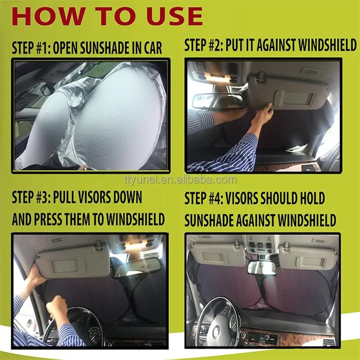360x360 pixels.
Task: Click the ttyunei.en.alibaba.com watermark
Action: click(x=180, y=180)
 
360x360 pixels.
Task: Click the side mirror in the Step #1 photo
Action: click(x=47, y=90)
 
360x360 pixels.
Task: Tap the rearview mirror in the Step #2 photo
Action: click(x=218, y=101)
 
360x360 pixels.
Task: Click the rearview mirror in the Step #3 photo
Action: click(x=137, y=266)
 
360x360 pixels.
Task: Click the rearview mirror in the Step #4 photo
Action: click(x=261, y=267)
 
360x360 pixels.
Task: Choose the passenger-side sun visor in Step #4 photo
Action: click(x=308, y=257)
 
